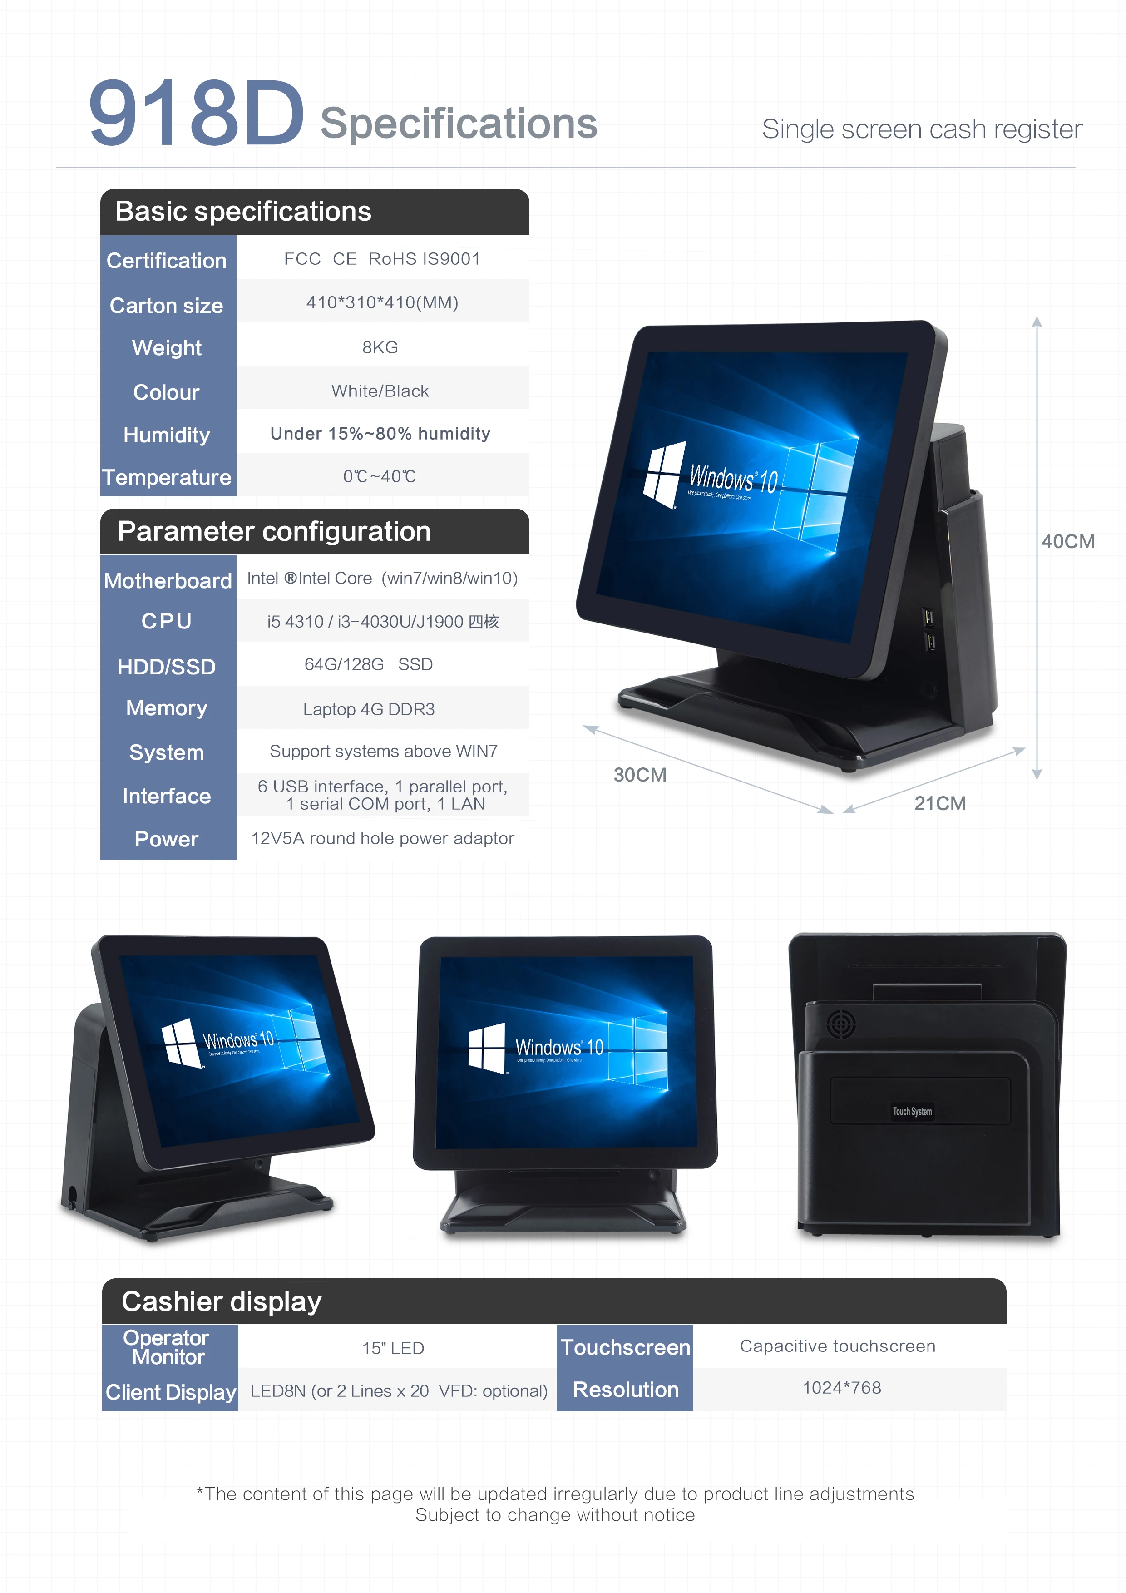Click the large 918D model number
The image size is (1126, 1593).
point(196,113)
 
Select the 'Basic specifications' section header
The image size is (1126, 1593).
point(243,212)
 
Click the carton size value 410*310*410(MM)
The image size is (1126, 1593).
point(382,302)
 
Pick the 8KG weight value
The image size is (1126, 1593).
point(380,347)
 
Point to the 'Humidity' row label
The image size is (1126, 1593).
point(167,435)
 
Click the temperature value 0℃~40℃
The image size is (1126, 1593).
point(380,477)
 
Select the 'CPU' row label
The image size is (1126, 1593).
point(167,621)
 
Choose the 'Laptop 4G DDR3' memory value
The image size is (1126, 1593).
point(368,709)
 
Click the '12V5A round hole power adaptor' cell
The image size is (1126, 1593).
point(382,839)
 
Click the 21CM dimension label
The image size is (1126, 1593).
point(939,803)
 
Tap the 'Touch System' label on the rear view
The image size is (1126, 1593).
point(912,1112)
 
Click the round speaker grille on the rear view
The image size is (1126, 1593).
point(841,1024)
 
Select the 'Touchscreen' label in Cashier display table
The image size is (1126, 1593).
point(625,1347)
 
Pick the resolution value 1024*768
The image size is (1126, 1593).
point(842,1388)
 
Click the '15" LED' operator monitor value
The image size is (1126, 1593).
point(393,1348)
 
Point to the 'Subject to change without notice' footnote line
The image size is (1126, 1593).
point(555,1515)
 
